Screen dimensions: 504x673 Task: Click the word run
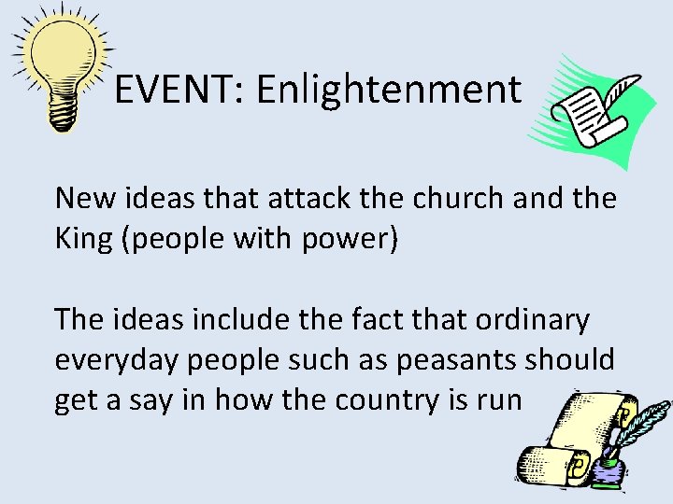502,401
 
